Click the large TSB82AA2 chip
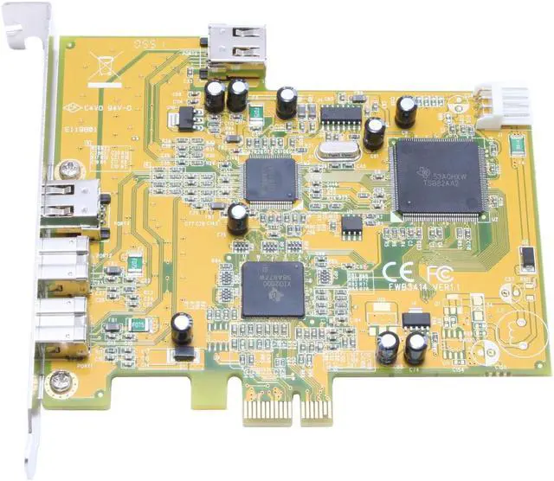(439, 177)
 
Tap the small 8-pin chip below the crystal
(351, 227)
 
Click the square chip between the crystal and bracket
(270, 178)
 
